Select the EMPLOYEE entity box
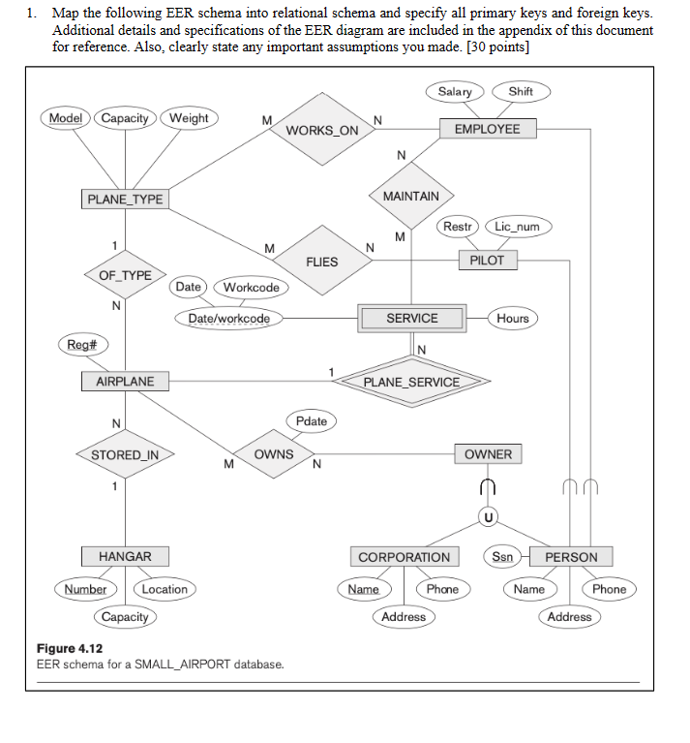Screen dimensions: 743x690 pyautogui.click(x=487, y=129)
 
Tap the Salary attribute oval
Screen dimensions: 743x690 pyautogui.click(x=454, y=91)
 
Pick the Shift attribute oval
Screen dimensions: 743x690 pyautogui.click(x=520, y=91)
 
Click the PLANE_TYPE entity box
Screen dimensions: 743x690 pyautogui.click(x=125, y=200)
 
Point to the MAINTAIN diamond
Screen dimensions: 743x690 pyautogui.click(x=410, y=196)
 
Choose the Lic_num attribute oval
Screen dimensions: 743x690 pyautogui.click(x=517, y=227)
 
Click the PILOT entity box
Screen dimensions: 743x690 pyautogui.click(x=487, y=261)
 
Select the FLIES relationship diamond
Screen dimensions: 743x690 pyautogui.click(x=321, y=262)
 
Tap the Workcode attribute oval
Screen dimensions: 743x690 pyautogui.click(x=251, y=287)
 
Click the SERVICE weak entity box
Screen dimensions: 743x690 pyautogui.click(x=411, y=318)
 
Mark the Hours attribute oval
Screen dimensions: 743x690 pyautogui.click(x=512, y=318)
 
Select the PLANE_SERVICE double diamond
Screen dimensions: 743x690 pyautogui.click(x=411, y=382)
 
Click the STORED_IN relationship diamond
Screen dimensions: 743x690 pyautogui.click(x=125, y=454)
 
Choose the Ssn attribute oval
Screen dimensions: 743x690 pyautogui.click(x=502, y=557)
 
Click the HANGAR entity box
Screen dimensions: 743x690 pyautogui.click(x=125, y=556)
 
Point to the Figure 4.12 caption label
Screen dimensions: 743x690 pyautogui.click(x=70, y=648)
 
